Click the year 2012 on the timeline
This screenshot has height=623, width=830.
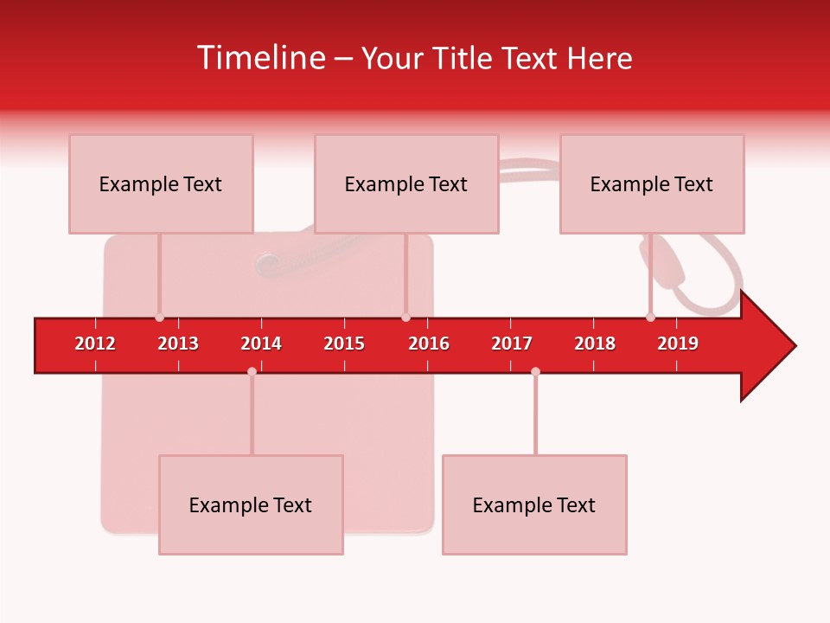(x=95, y=344)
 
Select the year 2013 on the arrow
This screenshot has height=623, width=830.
(x=178, y=344)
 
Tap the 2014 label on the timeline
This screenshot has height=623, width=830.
(x=261, y=344)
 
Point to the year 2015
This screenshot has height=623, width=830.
(x=344, y=344)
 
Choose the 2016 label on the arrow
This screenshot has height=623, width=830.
(x=429, y=344)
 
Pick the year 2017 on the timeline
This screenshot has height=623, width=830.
(x=512, y=344)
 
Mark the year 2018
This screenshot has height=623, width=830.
(x=595, y=344)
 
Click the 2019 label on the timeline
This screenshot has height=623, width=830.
(x=678, y=344)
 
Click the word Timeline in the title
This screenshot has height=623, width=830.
(x=260, y=58)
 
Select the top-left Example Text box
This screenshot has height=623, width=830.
(x=161, y=183)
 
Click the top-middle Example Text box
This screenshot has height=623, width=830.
(x=406, y=183)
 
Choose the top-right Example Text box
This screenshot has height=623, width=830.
(x=652, y=183)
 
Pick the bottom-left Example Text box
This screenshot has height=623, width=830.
(x=251, y=504)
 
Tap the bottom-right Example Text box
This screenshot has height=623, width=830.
(x=534, y=504)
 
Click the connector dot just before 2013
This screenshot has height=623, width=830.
(x=159, y=318)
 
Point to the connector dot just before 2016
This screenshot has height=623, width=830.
(x=405, y=318)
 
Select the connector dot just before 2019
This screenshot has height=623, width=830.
(x=650, y=318)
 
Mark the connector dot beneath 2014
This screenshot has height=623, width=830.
(x=252, y=371)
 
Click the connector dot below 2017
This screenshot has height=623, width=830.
(x=535, y=371)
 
